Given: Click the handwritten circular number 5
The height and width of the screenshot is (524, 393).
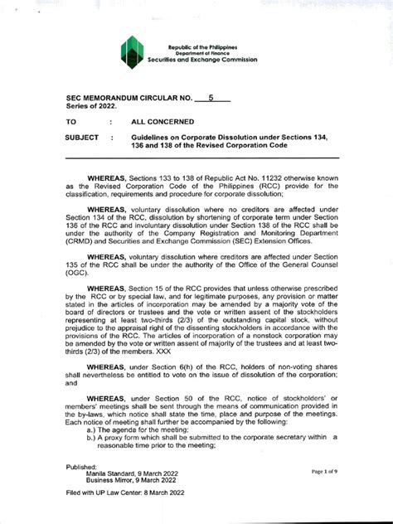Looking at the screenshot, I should (x=211, y=98).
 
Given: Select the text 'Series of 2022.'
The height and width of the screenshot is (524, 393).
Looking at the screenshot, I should (x=92, y=107).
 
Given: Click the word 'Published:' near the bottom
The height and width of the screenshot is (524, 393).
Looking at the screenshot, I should (x=81, y=467).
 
